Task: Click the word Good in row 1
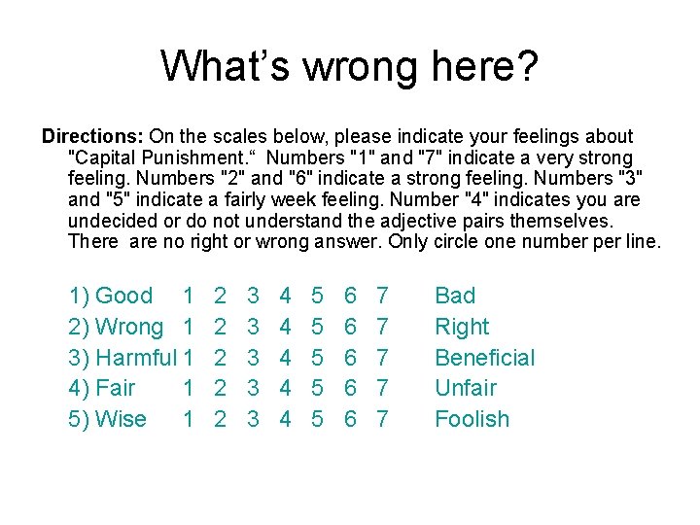tap(124, 296)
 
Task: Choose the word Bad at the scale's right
tap(455, 296)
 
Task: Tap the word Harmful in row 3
tap(136, 358)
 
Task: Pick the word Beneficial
tap(484, 358)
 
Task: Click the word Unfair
tap(465, 388)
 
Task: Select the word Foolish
tap(472, 419)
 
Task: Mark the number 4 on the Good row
tap(285, 296)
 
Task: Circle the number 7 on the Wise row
tap(382, 419)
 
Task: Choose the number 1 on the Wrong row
tap(189, 327)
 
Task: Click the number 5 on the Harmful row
tap(317, 358)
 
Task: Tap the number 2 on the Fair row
tap(221, 388)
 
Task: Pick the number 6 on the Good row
tap(350, 296)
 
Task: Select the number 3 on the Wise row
tap(253, 419)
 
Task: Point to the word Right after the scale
tap(462, 327)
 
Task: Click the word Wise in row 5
tap(122, 419)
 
